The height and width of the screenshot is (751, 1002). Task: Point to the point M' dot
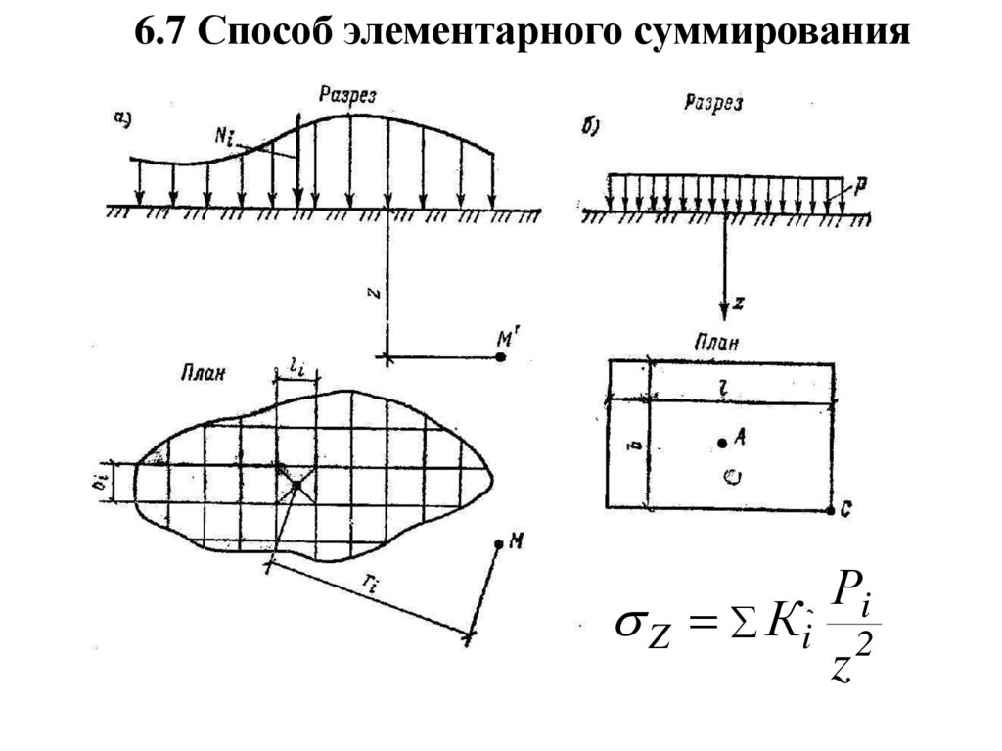point(501,358)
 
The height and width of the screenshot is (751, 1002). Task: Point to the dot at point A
point(721,444)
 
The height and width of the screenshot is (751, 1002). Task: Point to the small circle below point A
point(729,477)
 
